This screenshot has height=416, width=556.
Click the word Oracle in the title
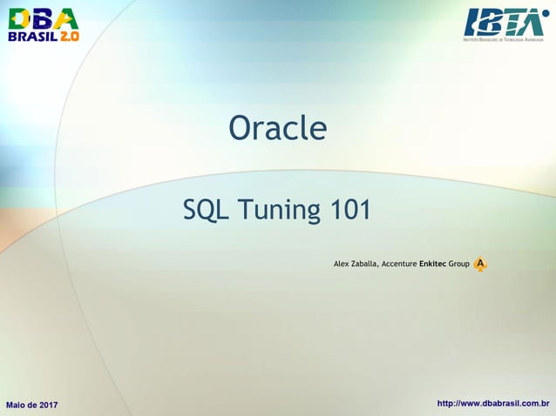click(277, 129)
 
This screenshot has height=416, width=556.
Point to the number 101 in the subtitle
click(349, 210)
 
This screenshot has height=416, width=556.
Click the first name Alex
click(342, 263)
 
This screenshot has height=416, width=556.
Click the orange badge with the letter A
click(480, 263)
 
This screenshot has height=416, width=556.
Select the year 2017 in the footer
click(48, 405)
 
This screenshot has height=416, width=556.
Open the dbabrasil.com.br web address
click(492, 404)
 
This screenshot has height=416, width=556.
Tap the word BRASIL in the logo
click(31, 37)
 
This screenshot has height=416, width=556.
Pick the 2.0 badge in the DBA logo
click(69, 37)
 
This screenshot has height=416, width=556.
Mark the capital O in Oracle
click(239, 129)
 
